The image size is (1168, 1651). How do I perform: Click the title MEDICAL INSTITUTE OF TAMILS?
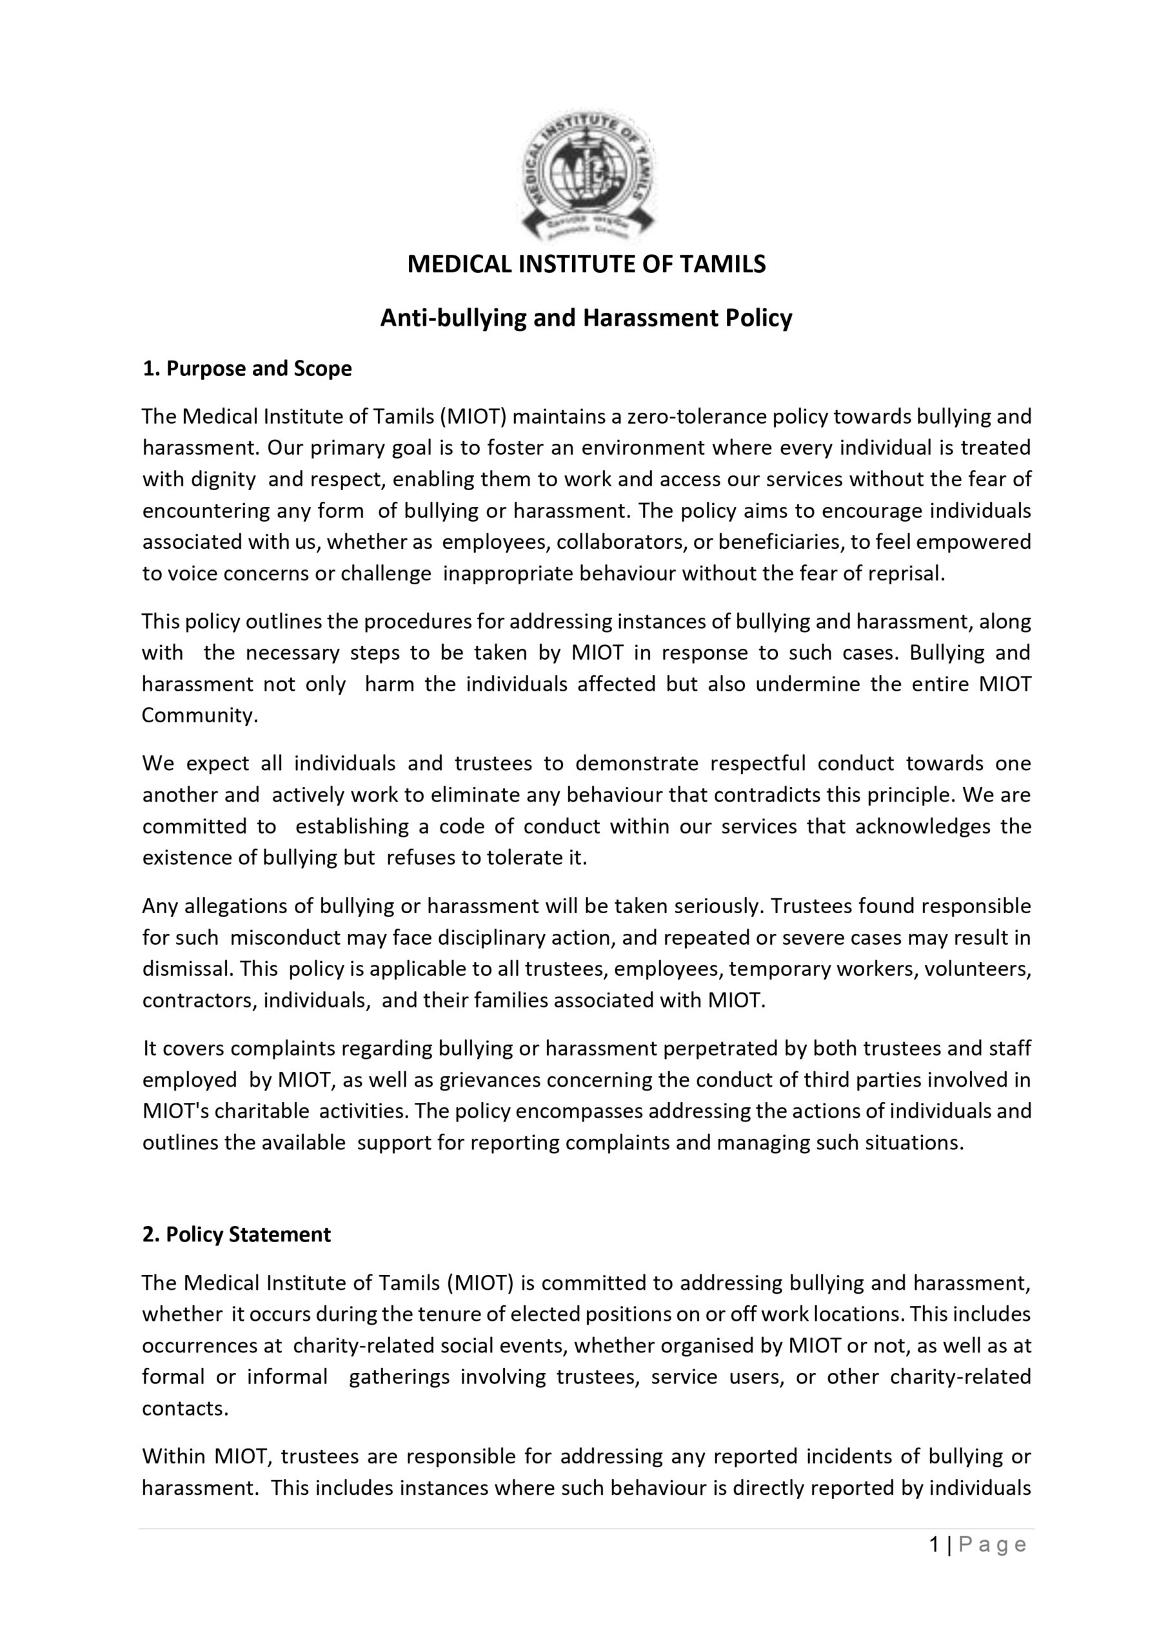point(586,264)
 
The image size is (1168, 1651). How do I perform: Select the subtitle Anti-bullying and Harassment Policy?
point(586,318)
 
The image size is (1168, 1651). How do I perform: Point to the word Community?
point(199,715)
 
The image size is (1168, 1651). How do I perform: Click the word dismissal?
point(188,969)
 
